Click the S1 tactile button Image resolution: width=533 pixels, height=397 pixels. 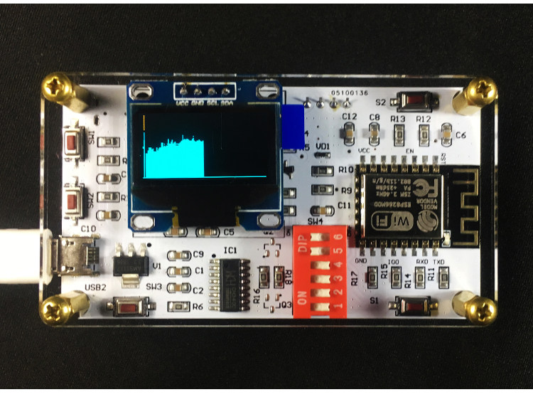412,307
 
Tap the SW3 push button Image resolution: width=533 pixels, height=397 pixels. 128,307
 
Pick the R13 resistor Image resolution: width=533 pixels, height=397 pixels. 398,133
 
